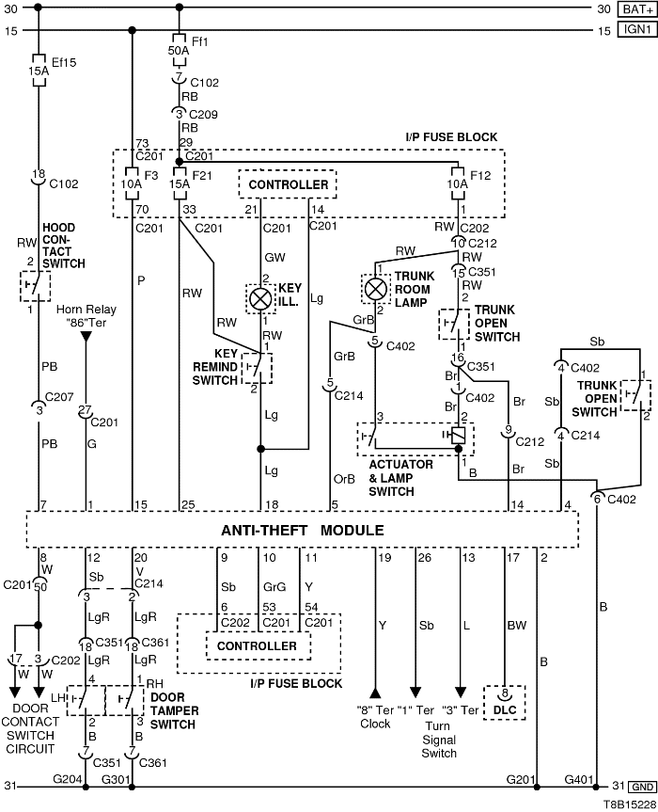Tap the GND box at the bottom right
[x=642, y=786]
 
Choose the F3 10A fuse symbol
[x=132, y=181]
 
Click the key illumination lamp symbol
[x=258, y=299]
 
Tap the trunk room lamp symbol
[x=376, y=287]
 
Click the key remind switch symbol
[x=257, y=367]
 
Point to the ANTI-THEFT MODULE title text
[x=302, y=530]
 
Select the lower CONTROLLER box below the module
[x=257, y=646]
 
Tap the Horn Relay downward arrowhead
[x=86, y=337]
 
